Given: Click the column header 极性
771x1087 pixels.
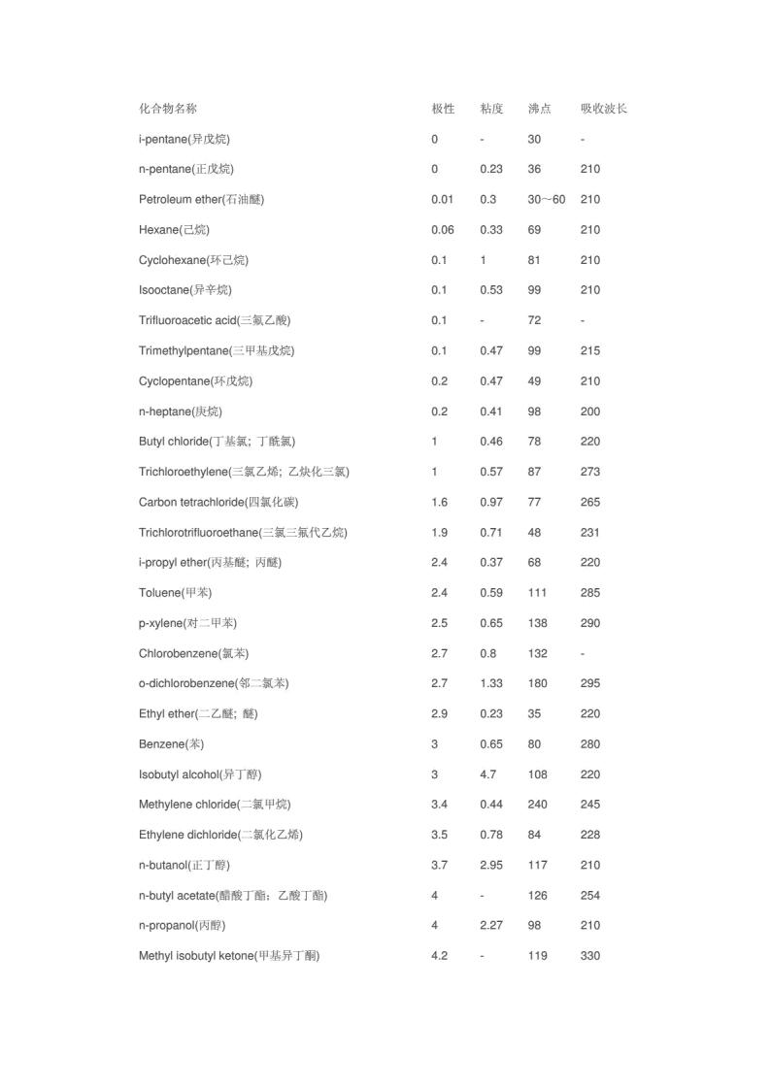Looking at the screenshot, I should click(x=443, y=109).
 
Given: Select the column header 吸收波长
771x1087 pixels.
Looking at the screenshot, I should click(x=603, y=109).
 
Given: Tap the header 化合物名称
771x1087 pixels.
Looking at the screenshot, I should click(x=167, y=109).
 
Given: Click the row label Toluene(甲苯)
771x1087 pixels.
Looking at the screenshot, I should click(x=175, y=593).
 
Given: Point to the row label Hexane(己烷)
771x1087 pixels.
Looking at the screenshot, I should click(x=174, y=230).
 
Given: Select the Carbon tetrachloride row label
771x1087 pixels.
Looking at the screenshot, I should click(x=218, y=502).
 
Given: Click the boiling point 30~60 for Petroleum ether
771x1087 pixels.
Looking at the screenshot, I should click(x=546, y=200).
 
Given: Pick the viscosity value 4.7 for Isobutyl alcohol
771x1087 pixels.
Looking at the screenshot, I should click(x=488, y=774).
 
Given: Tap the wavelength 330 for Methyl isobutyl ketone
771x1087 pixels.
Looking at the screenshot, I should click(x=590, y=956).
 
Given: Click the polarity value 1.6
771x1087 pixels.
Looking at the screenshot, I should click(x=440, y=502).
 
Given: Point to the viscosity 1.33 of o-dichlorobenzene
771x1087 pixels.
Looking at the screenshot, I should click(x=491, y=683).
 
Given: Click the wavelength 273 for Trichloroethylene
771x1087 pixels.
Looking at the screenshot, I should click(x=590, y=472).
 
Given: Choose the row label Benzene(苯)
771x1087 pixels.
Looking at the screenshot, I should click(x=171, y=744).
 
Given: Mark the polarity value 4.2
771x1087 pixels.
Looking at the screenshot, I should click(x=440, y=956).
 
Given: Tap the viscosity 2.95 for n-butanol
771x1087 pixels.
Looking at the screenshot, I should click(x=491, y=865).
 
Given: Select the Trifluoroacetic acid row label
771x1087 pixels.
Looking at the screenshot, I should click(x=215, y=320).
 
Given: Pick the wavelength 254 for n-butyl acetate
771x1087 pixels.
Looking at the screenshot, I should click(x=590, y=896).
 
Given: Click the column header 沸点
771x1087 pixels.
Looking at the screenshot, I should click(x=539, y=109).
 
